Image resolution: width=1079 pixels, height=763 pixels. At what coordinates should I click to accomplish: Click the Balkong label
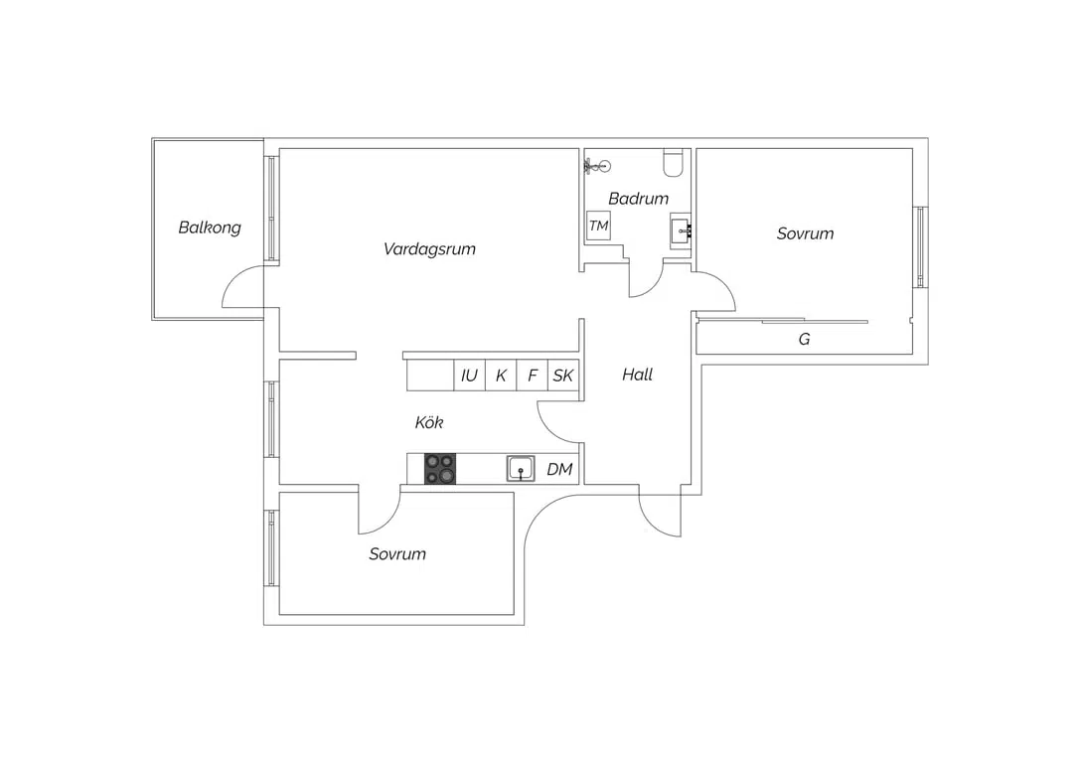pyautogui.click(x=210, y=228)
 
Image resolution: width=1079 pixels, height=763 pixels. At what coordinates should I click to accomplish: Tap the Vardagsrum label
pyautogui.click(x=429, y=249)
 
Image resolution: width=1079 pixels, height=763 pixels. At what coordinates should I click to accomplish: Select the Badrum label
pyautogui.click(x=639, y=199)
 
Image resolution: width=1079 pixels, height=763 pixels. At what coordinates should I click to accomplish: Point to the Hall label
pyautogui.click(x=637, y=375)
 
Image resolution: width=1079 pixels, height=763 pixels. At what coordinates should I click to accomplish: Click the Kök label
pyautogui.click(x=428, y=422)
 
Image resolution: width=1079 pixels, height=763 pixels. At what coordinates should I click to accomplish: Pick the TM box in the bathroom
pyautogui.click(x=599, y=226)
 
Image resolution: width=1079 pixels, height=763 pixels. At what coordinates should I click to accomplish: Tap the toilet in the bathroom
pyautogui.click(x=673, y=161)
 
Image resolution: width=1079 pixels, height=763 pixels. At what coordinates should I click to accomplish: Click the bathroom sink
pyautogui.click(x=681, y=230)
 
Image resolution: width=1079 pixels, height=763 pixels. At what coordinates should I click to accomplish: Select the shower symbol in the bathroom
pyautogui.click(x=597, y=165)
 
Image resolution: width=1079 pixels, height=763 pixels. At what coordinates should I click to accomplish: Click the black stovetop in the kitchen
pyautogui.click(x=440, y=469)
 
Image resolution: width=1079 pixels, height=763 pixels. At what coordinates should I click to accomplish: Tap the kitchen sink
pyautogui.click(x=521, y=469)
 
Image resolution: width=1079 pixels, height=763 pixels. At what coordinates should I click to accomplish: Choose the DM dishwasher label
pyautogui.click(x=559, y=469)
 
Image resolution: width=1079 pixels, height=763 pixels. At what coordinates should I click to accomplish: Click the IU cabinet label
pyautogui.click(x=469, y=376)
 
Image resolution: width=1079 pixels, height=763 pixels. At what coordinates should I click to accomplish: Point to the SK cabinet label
pyautogui.click(x=563, y=376)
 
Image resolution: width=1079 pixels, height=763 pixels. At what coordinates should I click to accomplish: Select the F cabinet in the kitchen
pyautogui.click(x=532, y=375)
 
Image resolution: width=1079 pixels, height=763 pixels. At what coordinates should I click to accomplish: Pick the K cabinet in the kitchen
pyautogui.click(x=501, y=375)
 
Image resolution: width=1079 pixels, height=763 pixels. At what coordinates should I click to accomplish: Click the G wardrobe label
pyautogui.click(x=804, y=339)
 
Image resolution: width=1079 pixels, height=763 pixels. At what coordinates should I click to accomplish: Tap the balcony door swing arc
pyautogui.click(x=233, y=278)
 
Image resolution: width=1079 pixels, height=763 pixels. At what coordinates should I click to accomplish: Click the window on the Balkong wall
pyautogui.click(x=272, y=209)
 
